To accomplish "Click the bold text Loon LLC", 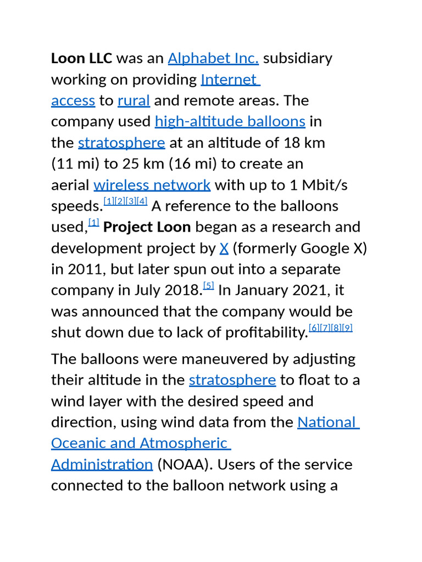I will [x=81, y=58].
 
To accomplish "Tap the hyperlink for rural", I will [x=134, y=100].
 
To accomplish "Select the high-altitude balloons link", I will [x=230, y=121].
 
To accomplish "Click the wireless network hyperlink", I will [x=152, y=185].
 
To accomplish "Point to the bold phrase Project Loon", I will [x=147, y=227].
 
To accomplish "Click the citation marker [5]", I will [x=208, y=285].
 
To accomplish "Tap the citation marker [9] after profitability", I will [x=347, y=328].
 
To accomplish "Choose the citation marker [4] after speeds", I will [x=142, y=201].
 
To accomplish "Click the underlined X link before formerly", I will [x=224, y=249].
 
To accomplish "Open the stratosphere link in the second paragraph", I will [x=232, y=380].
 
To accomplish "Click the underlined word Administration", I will [x=102, y=465].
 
